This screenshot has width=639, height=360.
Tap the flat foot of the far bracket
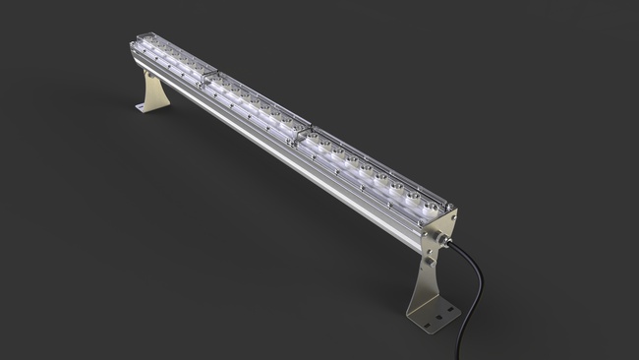(x=145, y=106)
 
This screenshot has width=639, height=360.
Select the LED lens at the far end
(x=148, y=45)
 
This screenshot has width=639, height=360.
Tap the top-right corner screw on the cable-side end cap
(x=453, y=212)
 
